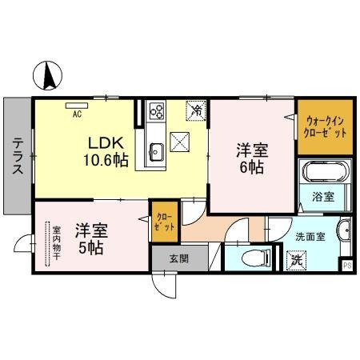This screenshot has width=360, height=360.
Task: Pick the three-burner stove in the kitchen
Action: click(156, 111)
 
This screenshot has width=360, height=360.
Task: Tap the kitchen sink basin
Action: click(156, 150)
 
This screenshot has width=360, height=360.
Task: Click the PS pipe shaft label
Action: click(347, 266)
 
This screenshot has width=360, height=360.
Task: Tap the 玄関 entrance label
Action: click(178, 258)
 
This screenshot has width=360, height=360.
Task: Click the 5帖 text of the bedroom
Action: click(90, 247)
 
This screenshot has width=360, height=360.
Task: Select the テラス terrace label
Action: click(17, 155)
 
